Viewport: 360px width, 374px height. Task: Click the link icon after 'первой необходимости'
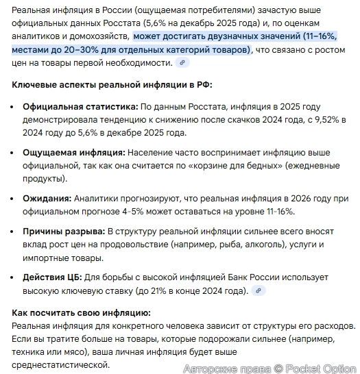(x=182, y=63)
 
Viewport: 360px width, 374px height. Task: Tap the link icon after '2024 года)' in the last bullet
(x=259, y=291)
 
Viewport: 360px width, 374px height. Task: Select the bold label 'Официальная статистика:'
(x=80, y=108)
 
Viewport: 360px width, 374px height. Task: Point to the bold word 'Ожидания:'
(x=47, y=198)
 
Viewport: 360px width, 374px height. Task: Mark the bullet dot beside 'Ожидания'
(x=14, y=198)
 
